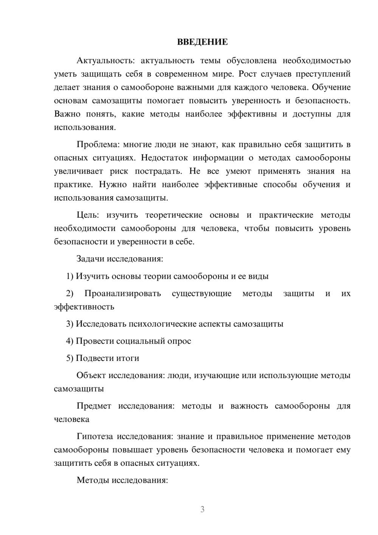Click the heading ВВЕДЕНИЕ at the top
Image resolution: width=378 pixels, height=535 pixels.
coord(202,42)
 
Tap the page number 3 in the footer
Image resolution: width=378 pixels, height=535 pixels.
coord(202,509)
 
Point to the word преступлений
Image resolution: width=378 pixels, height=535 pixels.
coord(323,74)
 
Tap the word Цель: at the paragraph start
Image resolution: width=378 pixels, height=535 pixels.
coord(88,215)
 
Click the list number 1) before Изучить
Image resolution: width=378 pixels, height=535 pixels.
coord(70,276)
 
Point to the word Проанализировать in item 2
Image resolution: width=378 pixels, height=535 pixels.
coord(122,293)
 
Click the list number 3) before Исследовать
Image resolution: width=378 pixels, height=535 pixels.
coord(70,324)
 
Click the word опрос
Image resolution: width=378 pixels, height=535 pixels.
coord(178,341)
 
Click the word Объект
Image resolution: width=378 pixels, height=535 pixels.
coord(91,375)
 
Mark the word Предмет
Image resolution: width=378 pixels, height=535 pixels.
coord(94,406)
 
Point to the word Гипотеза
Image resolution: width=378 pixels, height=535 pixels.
coord(95,436)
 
